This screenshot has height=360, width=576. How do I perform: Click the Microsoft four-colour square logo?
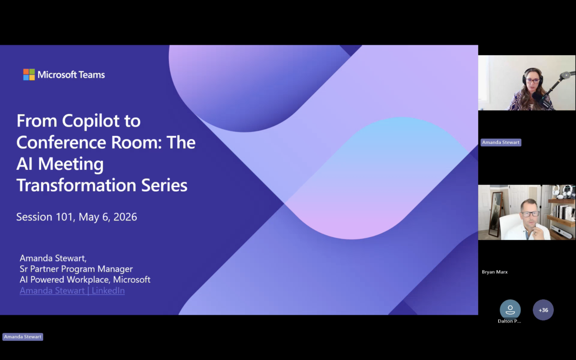click(29, 74)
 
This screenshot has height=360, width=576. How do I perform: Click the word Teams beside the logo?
click(92, 74)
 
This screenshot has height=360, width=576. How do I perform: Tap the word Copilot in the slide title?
click(91, 121)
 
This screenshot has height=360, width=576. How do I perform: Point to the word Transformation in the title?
click(76, 185)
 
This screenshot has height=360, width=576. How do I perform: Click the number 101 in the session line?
click(64, 217)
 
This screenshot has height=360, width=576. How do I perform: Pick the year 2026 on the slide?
click(125, 217)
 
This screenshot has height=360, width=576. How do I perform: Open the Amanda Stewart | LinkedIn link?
click(72, 290)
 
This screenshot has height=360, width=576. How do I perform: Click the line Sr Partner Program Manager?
click(76, 269)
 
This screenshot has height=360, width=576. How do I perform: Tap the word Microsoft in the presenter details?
click(132, 279)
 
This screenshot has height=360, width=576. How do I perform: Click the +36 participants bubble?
click(543, 310)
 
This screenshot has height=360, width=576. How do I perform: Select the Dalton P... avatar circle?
click(510, 310)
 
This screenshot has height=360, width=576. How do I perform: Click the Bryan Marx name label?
click(495, 272)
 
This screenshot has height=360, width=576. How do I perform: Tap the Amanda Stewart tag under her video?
click(501, 142)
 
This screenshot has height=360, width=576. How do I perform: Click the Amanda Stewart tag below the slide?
click(23, 336)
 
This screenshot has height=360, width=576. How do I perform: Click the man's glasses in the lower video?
click(530, 214)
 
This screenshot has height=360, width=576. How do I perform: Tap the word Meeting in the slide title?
click(71, 164)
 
